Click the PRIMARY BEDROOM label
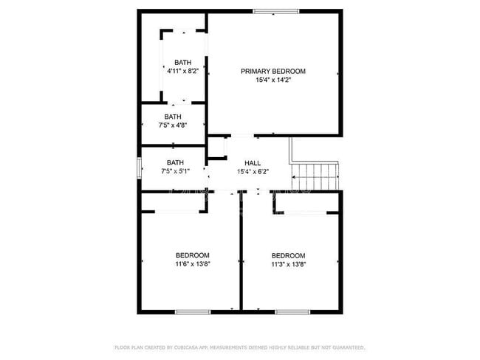tap(272, 72)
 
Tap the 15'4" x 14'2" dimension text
tap(272, 80)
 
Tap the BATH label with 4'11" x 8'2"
tap(182, 62)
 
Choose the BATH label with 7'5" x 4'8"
tap(173, 117)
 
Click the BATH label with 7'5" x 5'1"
tap(175, 162)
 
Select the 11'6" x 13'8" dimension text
tap(192, 264)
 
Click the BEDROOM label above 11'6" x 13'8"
tap(192, 255)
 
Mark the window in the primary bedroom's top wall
tap(276, 11)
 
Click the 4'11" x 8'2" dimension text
tap(182, 71)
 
